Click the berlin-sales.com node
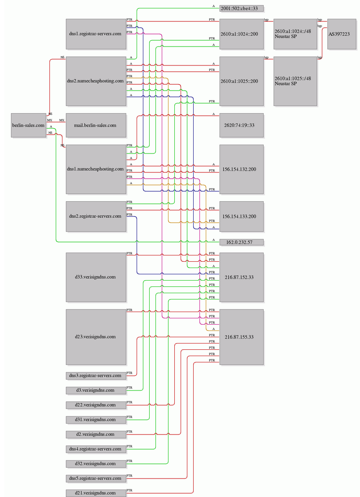coord(28,125)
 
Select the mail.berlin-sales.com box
coord(96,125)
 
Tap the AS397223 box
coord(342,34)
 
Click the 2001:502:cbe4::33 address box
coord(241,8)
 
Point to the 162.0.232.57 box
coord(241,242)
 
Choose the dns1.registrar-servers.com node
coord(96,34)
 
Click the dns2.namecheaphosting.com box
coord(96,81)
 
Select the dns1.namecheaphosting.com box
coord(96,169)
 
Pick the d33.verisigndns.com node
coord(96,277)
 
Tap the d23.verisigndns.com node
coord(96,337)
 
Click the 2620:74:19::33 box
coord(241,125)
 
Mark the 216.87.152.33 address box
coord(241,277)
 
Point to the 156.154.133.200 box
coord(241,216)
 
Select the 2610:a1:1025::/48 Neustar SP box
coord(295,81)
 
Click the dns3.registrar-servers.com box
coord(96,376)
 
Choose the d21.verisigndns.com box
coord(96,493)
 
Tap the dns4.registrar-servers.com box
coord(96,449)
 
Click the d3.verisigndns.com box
coord(96,390)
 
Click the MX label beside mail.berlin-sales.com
coord(62,120)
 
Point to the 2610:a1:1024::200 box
coord(241,34)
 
